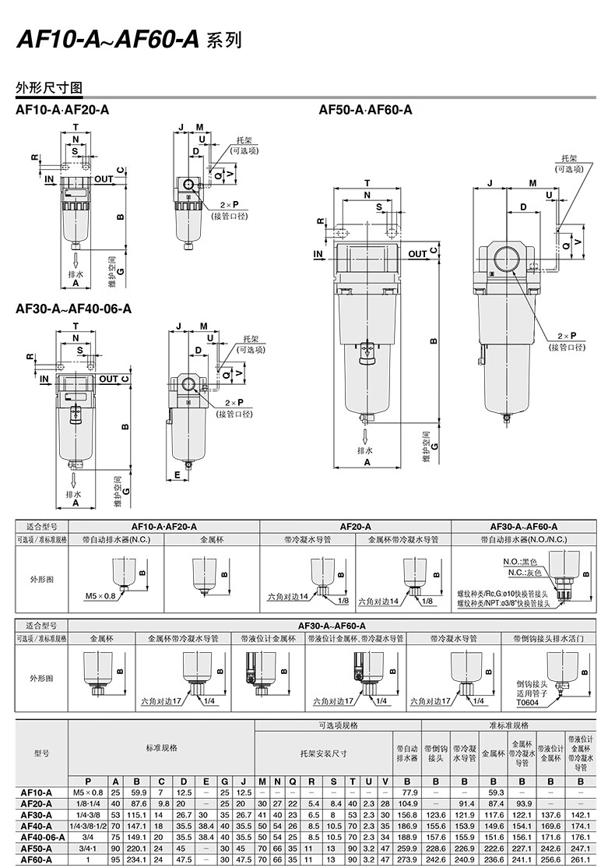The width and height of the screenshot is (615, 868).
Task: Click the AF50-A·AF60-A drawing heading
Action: (365, 111)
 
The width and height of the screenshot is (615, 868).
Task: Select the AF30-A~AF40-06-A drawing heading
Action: (73, 309)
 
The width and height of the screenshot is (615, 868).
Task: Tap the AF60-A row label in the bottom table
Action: (37, 859)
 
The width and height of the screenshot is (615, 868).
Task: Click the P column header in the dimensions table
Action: (87, 781)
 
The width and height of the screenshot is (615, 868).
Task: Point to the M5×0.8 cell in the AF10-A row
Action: (87, 792)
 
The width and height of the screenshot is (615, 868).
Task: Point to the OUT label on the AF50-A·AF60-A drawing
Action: (417, 254)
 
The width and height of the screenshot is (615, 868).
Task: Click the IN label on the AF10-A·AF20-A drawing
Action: (50, 179)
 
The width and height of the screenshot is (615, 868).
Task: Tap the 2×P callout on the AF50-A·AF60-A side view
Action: (577, 336)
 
